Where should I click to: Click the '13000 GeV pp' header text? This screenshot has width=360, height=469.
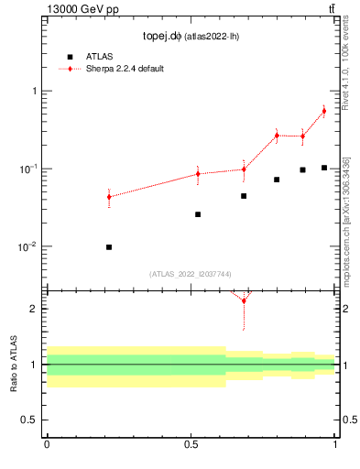point(82,9)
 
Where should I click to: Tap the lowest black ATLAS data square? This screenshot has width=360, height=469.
point(109,247)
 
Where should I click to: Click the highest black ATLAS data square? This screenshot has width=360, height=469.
point(324,168)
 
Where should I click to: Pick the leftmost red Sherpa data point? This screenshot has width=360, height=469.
point(109,197)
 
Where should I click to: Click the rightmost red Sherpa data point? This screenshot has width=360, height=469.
point(324,111)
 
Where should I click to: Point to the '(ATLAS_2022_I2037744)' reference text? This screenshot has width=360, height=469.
point(191,274)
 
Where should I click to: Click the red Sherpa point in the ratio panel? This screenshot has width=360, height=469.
point(244,300)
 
